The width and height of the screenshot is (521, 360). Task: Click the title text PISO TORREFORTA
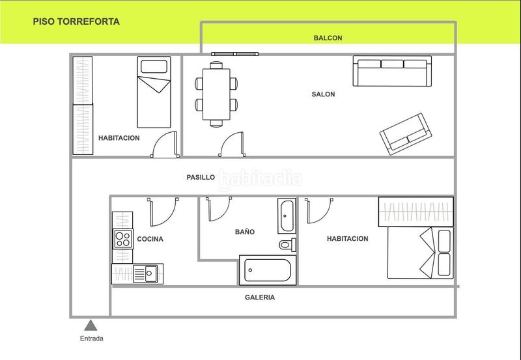click(x=76, y=21)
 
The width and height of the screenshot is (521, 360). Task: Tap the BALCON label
click(x=328, y=38)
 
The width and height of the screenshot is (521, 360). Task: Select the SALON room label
click(x=323, y=94)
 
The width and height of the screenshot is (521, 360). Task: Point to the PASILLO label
click(x=201, y=177)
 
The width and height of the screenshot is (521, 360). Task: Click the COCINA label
click(x=150, y=239)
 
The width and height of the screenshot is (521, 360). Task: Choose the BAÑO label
click(x=245, y=232)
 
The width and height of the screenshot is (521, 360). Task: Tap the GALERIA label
click(x=259, y=298)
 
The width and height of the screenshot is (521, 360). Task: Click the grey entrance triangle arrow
click(x=91, y=325)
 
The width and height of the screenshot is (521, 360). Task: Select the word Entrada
click(x=91, y=339)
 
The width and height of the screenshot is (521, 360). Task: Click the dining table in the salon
click(x=216, y=94)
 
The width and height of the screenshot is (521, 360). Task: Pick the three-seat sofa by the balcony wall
click(x=392, y=71)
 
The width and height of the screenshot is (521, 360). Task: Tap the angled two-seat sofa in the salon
click(x=406, y=134)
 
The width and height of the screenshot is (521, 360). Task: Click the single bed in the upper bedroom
click(x=154, y=92)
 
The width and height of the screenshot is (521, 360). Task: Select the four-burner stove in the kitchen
click(x=123, y=239)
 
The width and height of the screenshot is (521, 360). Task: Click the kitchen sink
click(x=145, y=273)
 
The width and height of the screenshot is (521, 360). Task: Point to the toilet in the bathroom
click(x=287, y=245)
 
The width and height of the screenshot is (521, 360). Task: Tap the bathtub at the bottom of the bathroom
click(x=268, y=270)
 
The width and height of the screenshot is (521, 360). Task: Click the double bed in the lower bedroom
click(x=420, y=253)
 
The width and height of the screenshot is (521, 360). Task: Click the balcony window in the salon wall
click(x=235, y=54)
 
